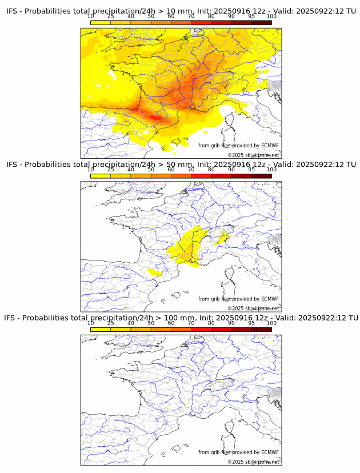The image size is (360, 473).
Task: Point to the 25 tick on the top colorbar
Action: click(x=111, y=17)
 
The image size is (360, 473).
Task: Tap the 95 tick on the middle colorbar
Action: click(x=251, y=170)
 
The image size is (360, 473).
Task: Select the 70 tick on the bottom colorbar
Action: click(x=191, y=323)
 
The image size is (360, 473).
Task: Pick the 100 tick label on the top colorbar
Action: click(x=271, y=17)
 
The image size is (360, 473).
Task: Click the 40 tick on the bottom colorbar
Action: click(x=131, y=323)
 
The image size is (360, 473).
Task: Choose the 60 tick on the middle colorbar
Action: click(x=171, y=170)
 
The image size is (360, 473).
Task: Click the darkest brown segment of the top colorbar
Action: click(x=261, y=22)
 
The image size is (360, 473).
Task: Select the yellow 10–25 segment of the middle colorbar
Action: click(x=101, y=176)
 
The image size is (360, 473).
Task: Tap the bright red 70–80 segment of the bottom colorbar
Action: click(x=201, y=329)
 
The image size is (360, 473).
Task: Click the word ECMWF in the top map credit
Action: click(x=270, y=146)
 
